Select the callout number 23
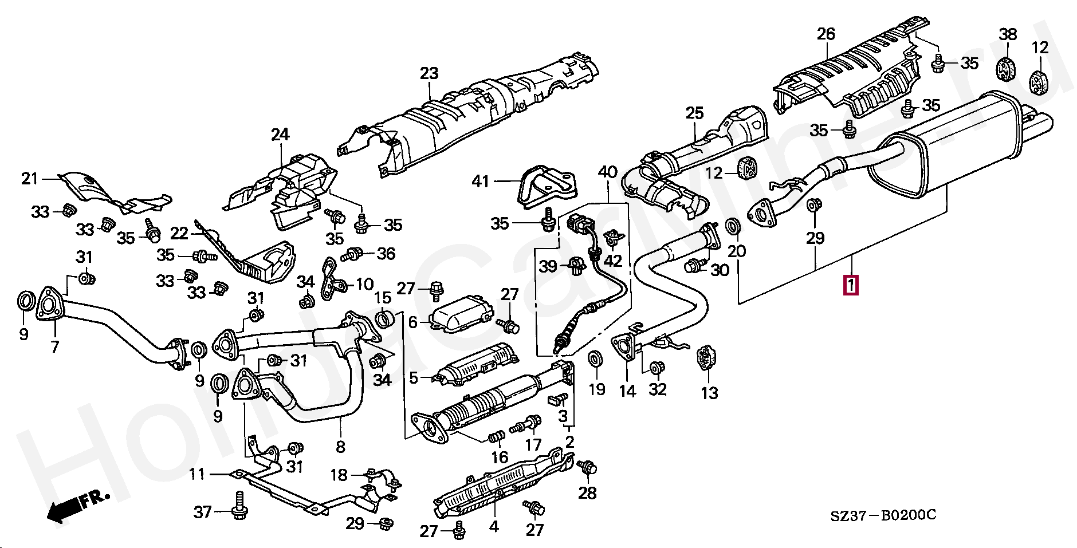click(429, 73)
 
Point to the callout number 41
click(480, 182)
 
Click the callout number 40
click(608, 171)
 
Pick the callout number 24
click(280, 135)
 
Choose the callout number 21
click(29, 179)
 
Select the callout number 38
click(1008, 34)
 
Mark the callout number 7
click(55, 346)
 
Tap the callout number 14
click(627, 391)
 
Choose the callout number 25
click(694, 113)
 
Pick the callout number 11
click(197, 474)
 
